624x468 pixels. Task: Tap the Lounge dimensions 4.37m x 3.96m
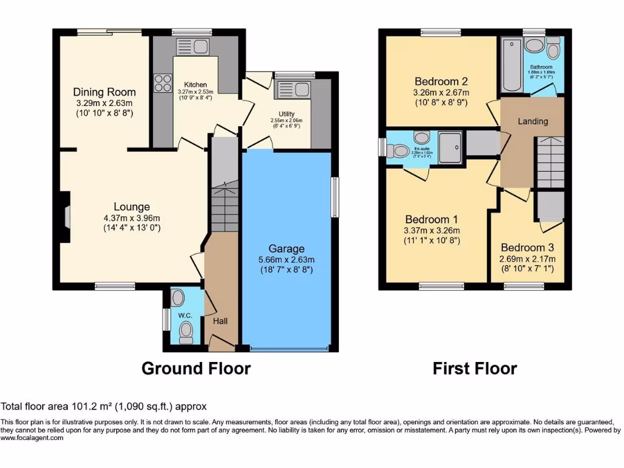coord(131,219)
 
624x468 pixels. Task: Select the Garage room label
coord(286,249)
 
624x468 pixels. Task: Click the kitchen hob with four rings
coord(163,83)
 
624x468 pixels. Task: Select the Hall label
coord(220,321)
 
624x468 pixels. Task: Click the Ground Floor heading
coord(196,369)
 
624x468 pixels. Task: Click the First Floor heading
coord(475,369)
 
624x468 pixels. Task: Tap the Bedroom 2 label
coord(441,82)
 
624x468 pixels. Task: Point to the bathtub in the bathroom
coord(510,65)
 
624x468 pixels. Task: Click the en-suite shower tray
coord(450,147)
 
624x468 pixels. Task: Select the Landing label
coord(533,121)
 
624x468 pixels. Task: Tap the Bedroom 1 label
coord(432,219)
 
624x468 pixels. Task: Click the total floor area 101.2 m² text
coord(104,406)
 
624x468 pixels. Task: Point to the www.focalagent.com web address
coord(32,438)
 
